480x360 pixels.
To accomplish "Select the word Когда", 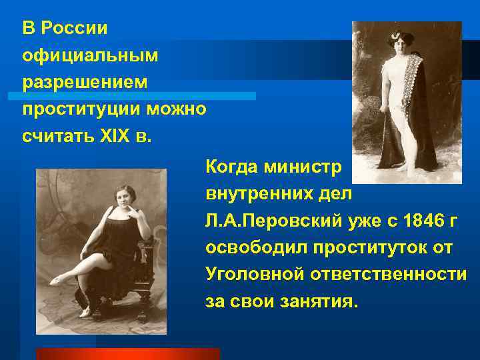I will point(233,165).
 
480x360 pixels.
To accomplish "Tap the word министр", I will point(305,165).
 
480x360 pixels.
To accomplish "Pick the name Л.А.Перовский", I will point(275,221).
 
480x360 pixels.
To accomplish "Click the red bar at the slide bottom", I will point(127,353).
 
